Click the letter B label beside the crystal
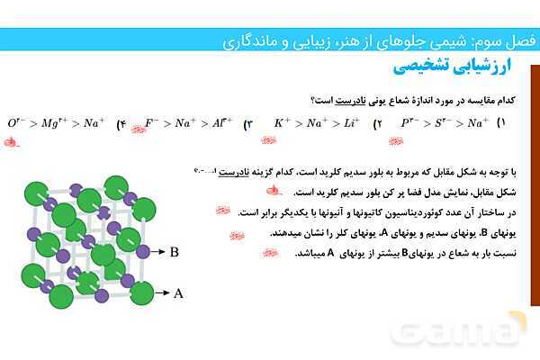click(x=174, y=253)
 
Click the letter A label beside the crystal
click(x=178, y=292)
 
